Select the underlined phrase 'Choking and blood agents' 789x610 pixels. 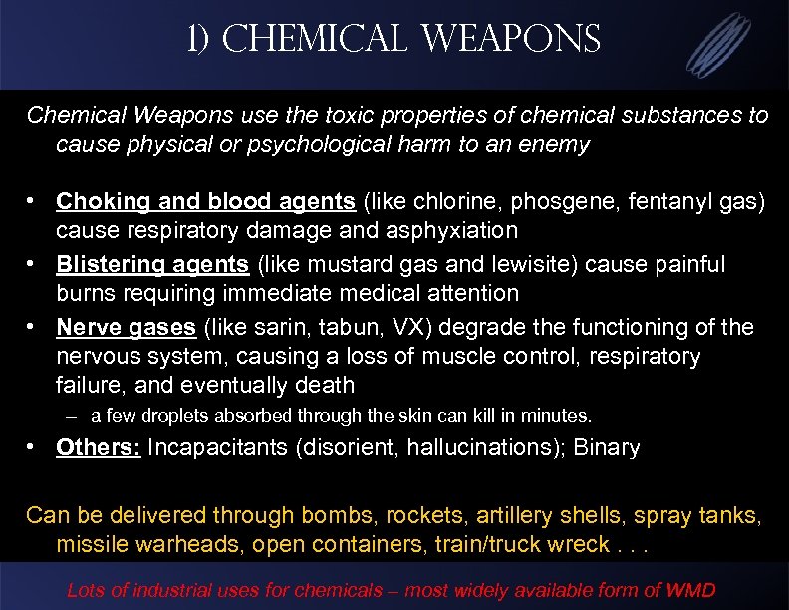pyautogui.click(x=205, y=201)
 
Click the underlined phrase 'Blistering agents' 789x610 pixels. pyautogui.click(x=152, y=264)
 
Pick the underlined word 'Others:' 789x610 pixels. pyautogui.click(x=99, y=447)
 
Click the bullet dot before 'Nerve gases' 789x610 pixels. pyautogui.click(x=34, y=327)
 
